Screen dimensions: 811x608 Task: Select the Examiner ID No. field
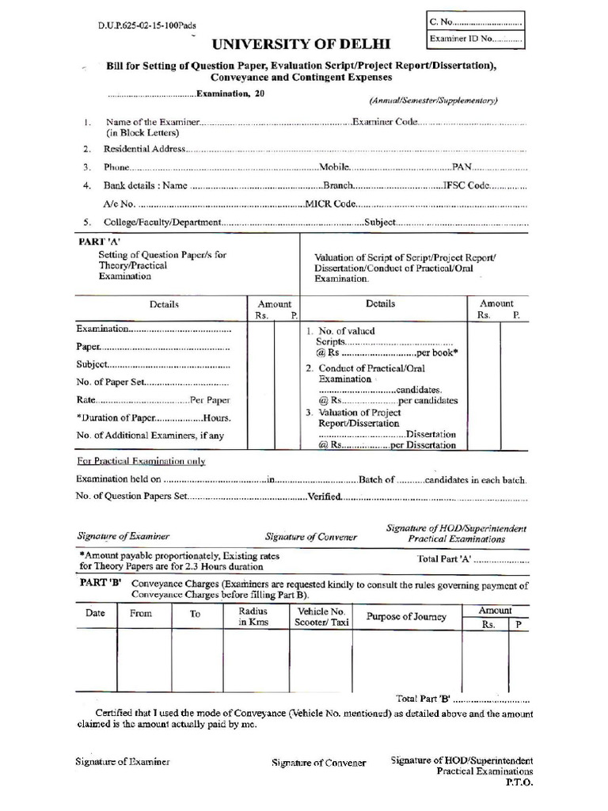474,38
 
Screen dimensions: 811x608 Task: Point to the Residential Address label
144,148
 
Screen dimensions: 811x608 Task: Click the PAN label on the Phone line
462,168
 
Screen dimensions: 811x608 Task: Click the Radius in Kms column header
253,617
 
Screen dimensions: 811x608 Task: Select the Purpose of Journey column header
406,617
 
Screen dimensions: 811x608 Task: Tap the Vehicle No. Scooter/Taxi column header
321,617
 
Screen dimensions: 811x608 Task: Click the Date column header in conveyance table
95,613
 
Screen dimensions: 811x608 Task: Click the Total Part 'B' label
423,699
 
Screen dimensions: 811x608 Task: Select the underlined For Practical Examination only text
141,461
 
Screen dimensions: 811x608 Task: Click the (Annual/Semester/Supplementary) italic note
433,101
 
